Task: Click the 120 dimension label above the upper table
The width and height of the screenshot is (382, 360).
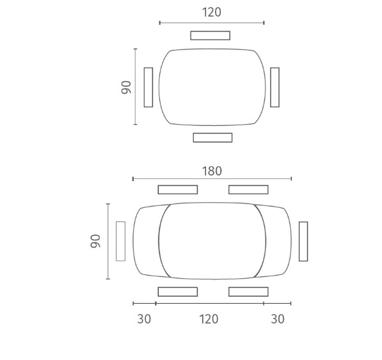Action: click(212, 12)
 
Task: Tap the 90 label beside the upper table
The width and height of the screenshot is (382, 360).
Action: click(126, 87)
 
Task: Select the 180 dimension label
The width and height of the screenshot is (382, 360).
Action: click(212, 171)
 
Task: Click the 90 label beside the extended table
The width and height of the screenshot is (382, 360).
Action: click(95, 241)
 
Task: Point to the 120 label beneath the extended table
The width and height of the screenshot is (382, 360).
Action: click(209, 319)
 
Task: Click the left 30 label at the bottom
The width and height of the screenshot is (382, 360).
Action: click(144, 319)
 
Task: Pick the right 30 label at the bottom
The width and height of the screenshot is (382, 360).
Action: click(278, 319)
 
